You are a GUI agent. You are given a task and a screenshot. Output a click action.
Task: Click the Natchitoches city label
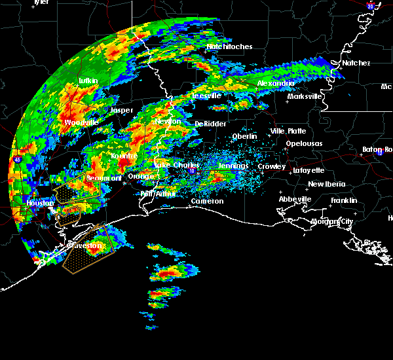(229, 47)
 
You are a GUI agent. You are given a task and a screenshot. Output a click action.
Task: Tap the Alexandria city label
(276, 84)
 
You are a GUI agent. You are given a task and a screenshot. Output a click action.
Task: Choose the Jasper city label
(121, 111)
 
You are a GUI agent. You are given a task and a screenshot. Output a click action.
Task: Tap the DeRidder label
(210, 124)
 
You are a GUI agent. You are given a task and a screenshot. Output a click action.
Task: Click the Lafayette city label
(309, 170)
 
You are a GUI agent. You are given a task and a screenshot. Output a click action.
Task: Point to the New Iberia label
(326, 184)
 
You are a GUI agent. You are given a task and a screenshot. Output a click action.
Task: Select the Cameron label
(207, 202)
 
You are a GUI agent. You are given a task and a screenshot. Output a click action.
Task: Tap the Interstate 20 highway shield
(370, 7)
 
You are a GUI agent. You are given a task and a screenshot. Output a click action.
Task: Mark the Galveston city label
(86, 245)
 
